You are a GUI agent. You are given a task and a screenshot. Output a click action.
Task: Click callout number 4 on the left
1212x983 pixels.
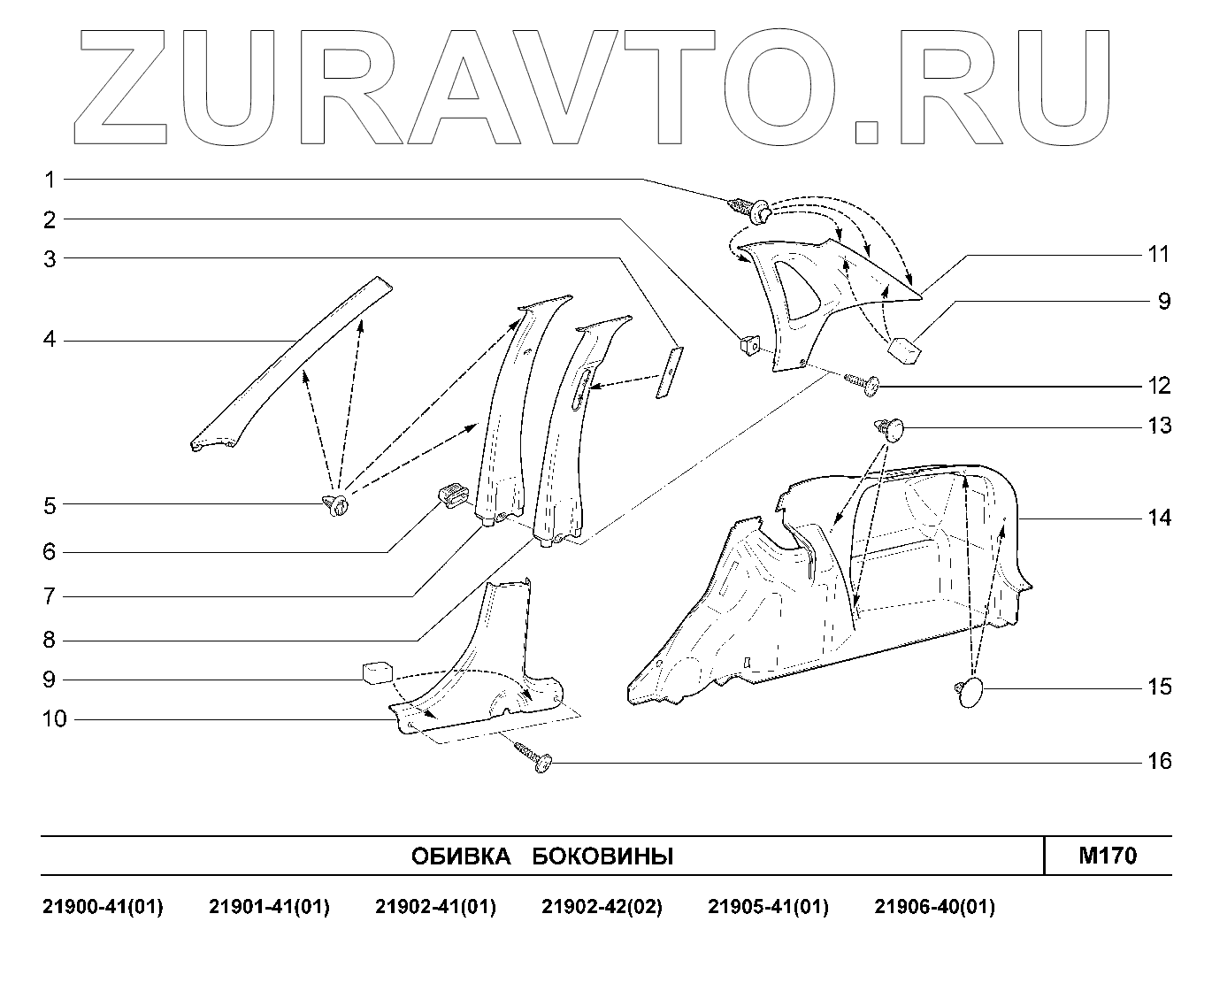[50, 340]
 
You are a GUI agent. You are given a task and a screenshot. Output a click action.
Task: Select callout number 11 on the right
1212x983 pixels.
[1159, 255]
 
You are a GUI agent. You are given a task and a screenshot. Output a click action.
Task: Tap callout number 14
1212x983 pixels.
[1159, 518]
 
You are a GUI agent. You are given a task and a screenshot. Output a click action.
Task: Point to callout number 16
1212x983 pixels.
[1159, 761]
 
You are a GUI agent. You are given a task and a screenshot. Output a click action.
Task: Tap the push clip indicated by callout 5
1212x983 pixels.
[336, 506]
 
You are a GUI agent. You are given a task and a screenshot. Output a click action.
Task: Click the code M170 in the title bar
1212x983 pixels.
[1108, 856]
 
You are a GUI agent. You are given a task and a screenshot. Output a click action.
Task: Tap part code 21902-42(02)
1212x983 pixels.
[602, 907]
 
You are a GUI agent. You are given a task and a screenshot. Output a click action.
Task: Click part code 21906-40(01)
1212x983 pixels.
[934, 907]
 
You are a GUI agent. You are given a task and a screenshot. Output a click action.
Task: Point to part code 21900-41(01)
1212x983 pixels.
[103, 907]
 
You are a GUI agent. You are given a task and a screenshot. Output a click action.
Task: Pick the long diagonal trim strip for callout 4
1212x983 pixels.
[292, 363]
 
